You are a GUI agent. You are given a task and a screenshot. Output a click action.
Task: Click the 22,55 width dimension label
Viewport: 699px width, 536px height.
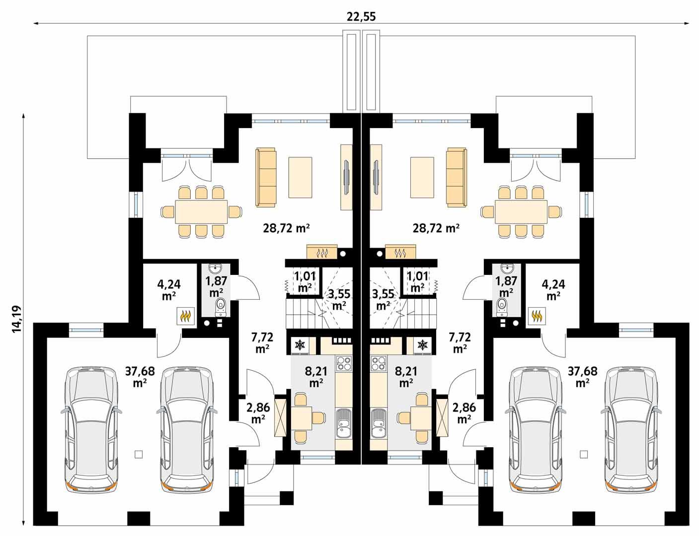[x=361, y=16]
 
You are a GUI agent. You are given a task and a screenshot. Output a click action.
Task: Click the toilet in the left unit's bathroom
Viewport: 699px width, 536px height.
[x=220, y=306]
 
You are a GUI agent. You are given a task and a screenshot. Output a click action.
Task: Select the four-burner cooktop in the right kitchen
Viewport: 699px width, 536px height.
[x=378, y=364]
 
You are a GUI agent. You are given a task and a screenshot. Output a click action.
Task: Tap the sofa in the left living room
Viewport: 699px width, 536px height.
[x=266, y=177]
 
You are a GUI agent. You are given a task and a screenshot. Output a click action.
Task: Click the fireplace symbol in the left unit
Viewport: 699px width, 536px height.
[x=322, y=253]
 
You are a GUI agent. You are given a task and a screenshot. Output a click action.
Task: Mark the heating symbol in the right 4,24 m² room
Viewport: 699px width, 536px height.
[x=537, y=315]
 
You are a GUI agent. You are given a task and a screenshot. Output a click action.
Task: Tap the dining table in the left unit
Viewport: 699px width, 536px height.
[x=201, y=212]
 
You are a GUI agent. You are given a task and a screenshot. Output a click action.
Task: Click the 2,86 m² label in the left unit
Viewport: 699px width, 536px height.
[x=258, y=412]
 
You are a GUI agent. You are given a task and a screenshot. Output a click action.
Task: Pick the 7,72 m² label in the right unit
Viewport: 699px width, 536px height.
[x=460, y=342]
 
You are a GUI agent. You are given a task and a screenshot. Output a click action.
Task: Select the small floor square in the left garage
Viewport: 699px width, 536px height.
[x=139, y=454]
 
